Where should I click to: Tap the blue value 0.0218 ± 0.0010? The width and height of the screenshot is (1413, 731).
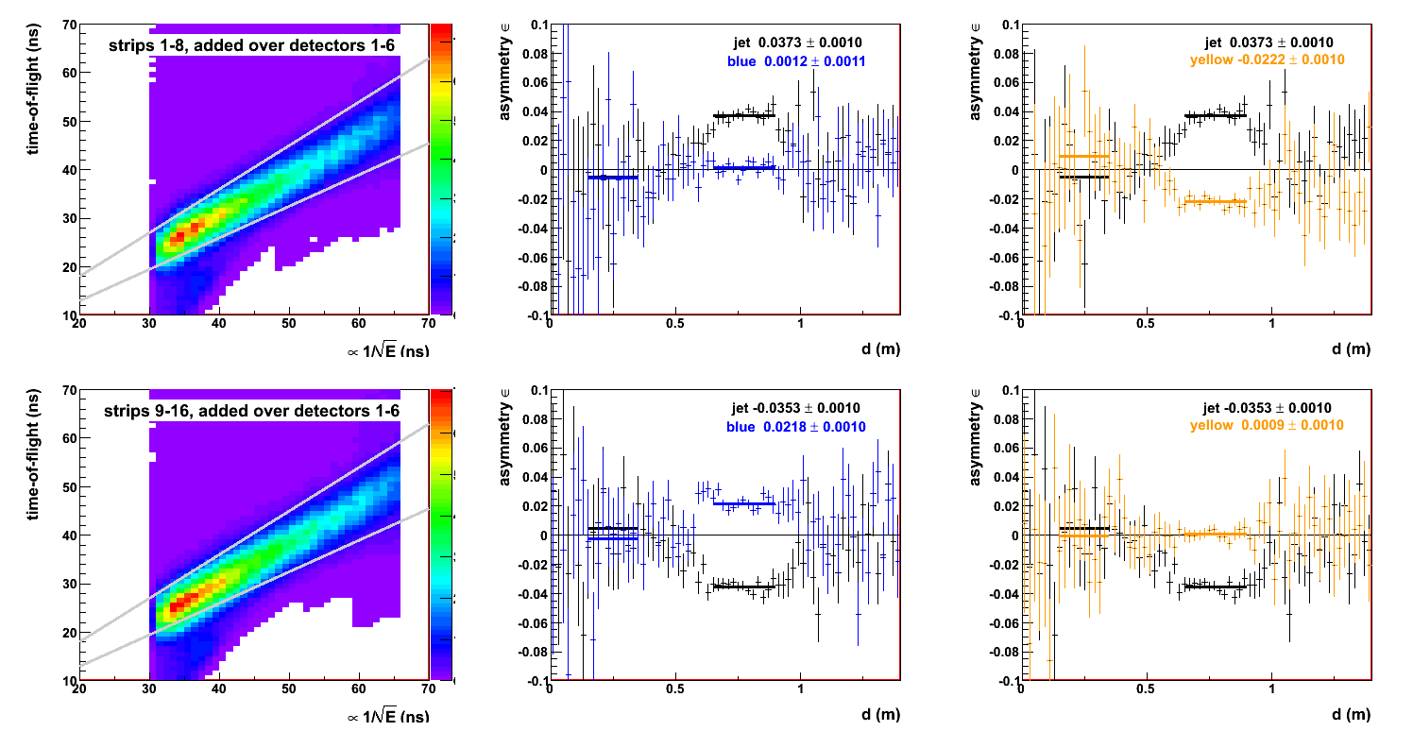[x=796, y=427]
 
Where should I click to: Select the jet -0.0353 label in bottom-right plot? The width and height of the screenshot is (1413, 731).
[x=1268, y=408]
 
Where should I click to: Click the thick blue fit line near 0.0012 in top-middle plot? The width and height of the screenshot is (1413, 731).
[x=744, y=167]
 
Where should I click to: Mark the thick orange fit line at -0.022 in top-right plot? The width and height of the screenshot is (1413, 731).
[x=1215, y=202]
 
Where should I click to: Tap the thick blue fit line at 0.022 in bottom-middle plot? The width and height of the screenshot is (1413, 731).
[x=744, y=503]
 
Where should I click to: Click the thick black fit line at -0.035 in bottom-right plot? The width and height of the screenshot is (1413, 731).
[x=1215, y=586]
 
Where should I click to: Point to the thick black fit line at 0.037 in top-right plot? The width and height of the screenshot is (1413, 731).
[x=1215, y=115]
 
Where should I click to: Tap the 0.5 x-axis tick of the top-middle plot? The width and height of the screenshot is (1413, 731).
[x=674, y=323]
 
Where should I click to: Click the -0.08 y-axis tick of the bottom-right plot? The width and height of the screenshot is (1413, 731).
[x=999, y=652]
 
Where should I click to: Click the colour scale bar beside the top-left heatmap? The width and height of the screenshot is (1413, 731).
[x=441, y=168]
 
